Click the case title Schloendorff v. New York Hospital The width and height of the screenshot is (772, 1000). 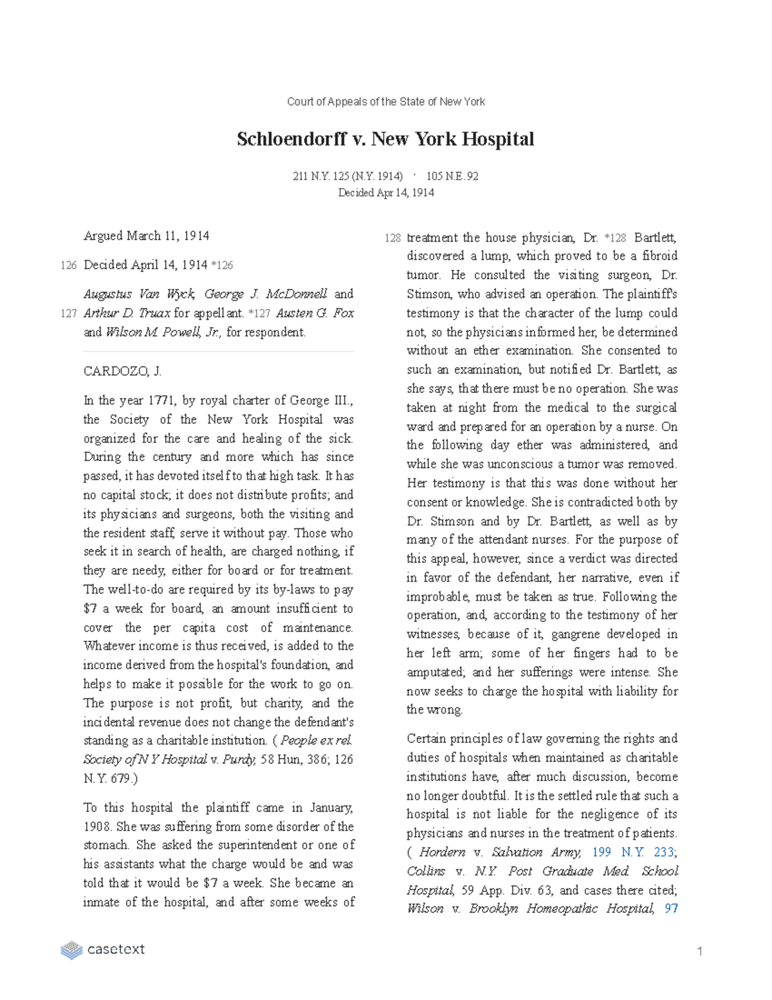pos(385,139)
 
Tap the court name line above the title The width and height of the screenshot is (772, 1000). pos(385,102)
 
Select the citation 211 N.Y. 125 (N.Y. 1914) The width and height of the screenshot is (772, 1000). pos(347,176)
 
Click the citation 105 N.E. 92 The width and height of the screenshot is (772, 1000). pos(452,176)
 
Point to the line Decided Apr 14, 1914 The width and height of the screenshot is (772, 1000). pos(385,193)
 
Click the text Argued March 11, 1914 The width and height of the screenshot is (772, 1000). pos(146,236)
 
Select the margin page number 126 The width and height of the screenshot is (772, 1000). pos(69,265)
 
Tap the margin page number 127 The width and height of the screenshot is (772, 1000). pos(69,314)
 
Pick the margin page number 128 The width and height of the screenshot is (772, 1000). pos(392,238)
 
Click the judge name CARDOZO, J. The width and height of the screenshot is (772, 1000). pos(122,372)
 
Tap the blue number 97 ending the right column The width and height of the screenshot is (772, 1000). pos(671,909)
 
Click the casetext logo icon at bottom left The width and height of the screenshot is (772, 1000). pos(71,950)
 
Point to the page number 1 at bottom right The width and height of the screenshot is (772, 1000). pos(699,952)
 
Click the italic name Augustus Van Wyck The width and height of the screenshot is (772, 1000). pos(139,294)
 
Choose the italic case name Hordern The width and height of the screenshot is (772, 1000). pos(442,853)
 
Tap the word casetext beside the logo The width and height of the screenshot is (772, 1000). pos(116,950)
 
